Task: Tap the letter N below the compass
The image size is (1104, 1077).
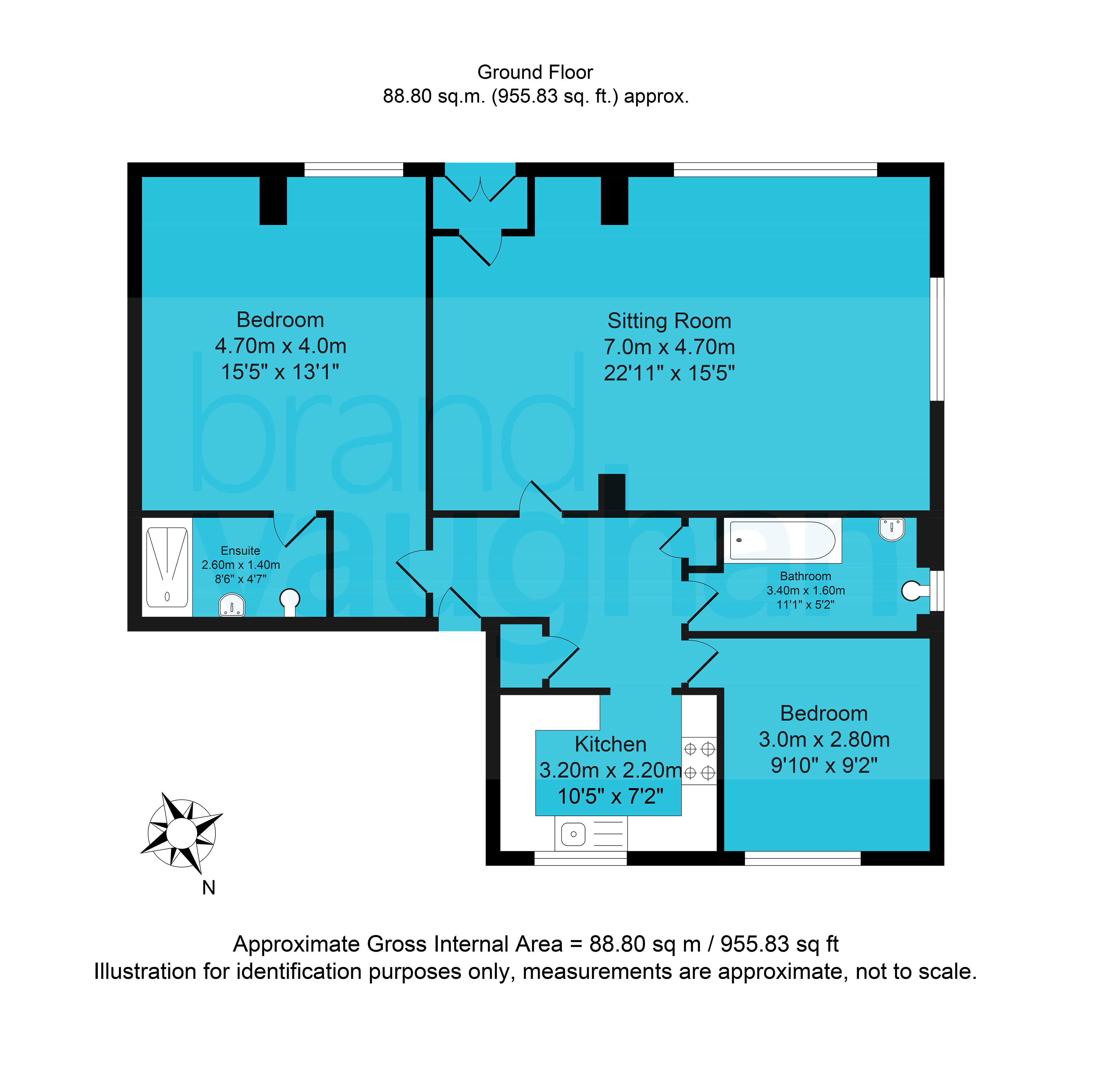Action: click(x=209, y=887)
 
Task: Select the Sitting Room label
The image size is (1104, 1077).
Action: click(x=669, y=321)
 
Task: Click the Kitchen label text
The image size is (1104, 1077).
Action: click(x=610, y=744)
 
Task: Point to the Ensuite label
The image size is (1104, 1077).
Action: click(x=240, y=550)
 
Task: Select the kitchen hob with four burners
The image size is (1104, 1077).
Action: click(x=699, y=760)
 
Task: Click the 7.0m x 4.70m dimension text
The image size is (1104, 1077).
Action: click(x=669, y=347)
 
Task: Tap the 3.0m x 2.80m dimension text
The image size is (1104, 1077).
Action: click(x=824, y=739)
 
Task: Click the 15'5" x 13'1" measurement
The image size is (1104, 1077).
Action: click(x=280, y=372)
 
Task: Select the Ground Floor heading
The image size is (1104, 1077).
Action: click(x=535, y=73)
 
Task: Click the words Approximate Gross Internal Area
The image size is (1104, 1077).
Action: click(x=398, y=944)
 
